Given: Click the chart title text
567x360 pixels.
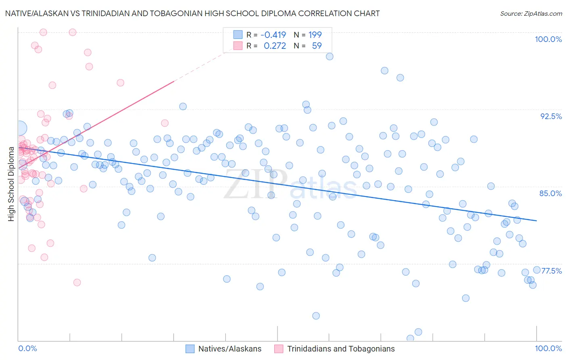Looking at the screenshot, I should [192, 13].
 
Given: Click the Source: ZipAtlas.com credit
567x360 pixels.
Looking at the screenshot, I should [531, 14].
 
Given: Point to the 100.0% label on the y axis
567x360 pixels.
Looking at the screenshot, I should [548, 39].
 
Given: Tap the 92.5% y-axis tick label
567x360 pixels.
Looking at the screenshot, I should [551, 116].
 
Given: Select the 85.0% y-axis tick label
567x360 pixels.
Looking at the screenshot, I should [550, 193].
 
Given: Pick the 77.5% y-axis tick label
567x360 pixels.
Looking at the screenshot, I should [551, 271].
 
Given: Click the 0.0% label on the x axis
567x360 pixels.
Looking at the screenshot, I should [28, 348].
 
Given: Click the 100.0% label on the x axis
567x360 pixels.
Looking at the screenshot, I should [548, 348].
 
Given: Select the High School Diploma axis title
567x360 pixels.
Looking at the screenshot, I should [11, 184].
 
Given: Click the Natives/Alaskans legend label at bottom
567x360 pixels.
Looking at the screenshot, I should [230, 349].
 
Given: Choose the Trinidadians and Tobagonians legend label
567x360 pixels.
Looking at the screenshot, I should [341, 349].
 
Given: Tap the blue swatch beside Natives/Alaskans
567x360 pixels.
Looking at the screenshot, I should [190, 349].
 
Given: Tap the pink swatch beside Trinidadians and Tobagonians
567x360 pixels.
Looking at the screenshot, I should [279, 349].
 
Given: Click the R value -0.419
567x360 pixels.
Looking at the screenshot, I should [273, 35].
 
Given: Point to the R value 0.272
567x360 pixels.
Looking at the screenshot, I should [275, 46].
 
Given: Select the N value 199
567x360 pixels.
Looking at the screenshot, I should [315, 35].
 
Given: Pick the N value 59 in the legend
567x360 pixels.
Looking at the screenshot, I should [317, 46].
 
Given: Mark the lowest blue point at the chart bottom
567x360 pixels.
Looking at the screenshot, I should [410, 338].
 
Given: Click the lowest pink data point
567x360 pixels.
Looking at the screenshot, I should [77, 283].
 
